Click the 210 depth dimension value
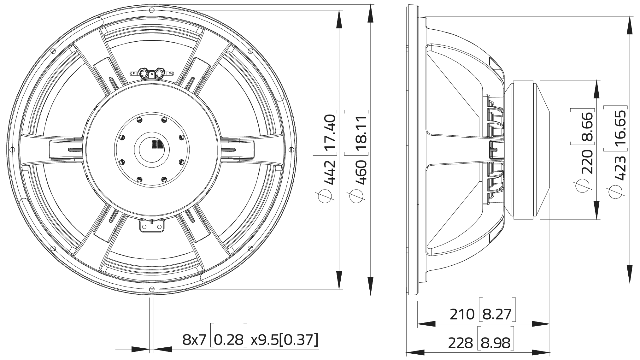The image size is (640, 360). tap(462, 314)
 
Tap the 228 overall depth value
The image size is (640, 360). tap(461, 343)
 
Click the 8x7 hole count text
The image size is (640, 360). tap(194, 340)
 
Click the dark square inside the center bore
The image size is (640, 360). tap(157, 144)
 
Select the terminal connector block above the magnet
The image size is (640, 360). tap(152, 73)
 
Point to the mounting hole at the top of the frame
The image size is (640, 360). tap(152, 10)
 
